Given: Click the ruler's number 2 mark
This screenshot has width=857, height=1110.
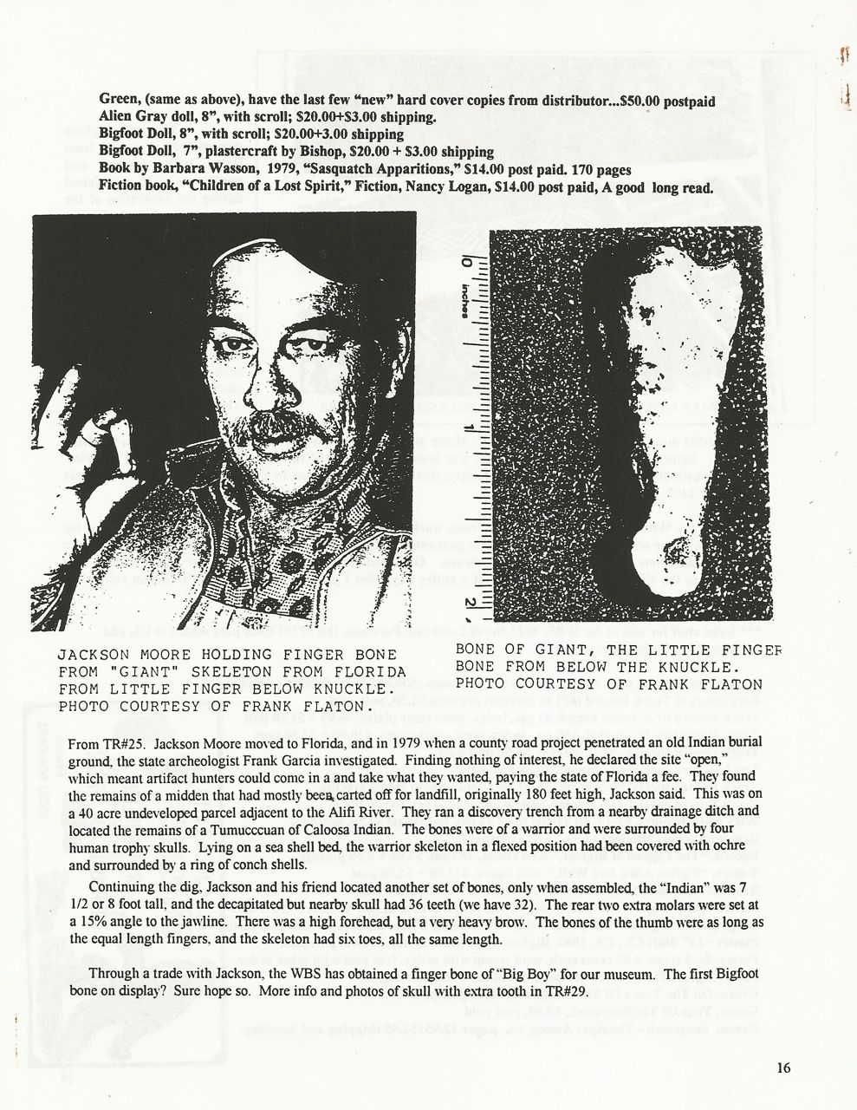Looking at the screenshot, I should [469, 603].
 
